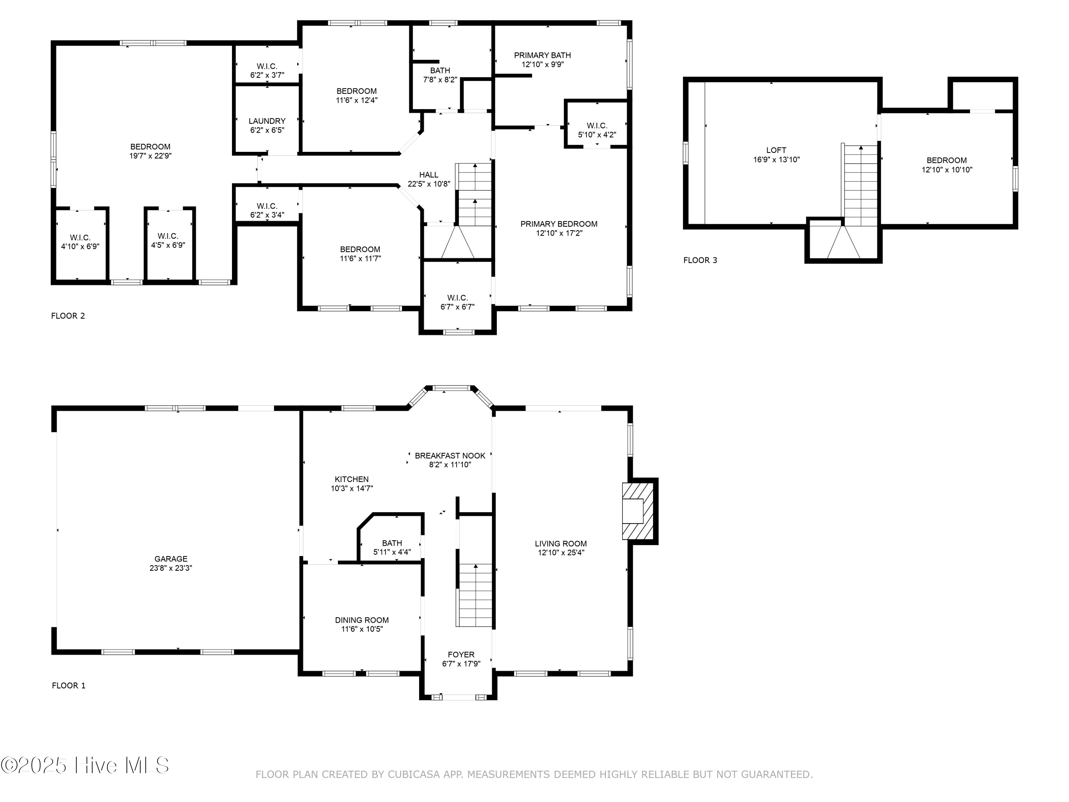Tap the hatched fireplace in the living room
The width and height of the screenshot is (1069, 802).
[637, 511]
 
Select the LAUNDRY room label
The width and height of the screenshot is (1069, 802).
[267, 121]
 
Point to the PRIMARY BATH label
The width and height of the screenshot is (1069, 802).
[542, 55]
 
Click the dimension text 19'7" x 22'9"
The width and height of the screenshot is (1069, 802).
[150, 156]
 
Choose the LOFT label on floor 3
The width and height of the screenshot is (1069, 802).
[776, 150]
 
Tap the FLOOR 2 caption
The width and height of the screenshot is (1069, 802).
[68, 316]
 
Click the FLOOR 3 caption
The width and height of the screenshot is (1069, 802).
[700, 260]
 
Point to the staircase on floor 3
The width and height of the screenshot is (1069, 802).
[861, 186]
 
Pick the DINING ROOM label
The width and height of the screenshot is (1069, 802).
[361, 620]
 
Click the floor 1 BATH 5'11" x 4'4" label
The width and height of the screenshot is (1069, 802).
[392, 547]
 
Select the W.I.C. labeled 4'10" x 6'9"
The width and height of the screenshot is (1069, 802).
[80, 242]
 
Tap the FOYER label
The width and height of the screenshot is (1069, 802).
[460, 654]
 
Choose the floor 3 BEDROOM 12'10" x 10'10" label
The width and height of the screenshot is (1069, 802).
[946, 164]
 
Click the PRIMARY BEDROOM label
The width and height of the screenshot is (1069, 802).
[559, 224]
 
